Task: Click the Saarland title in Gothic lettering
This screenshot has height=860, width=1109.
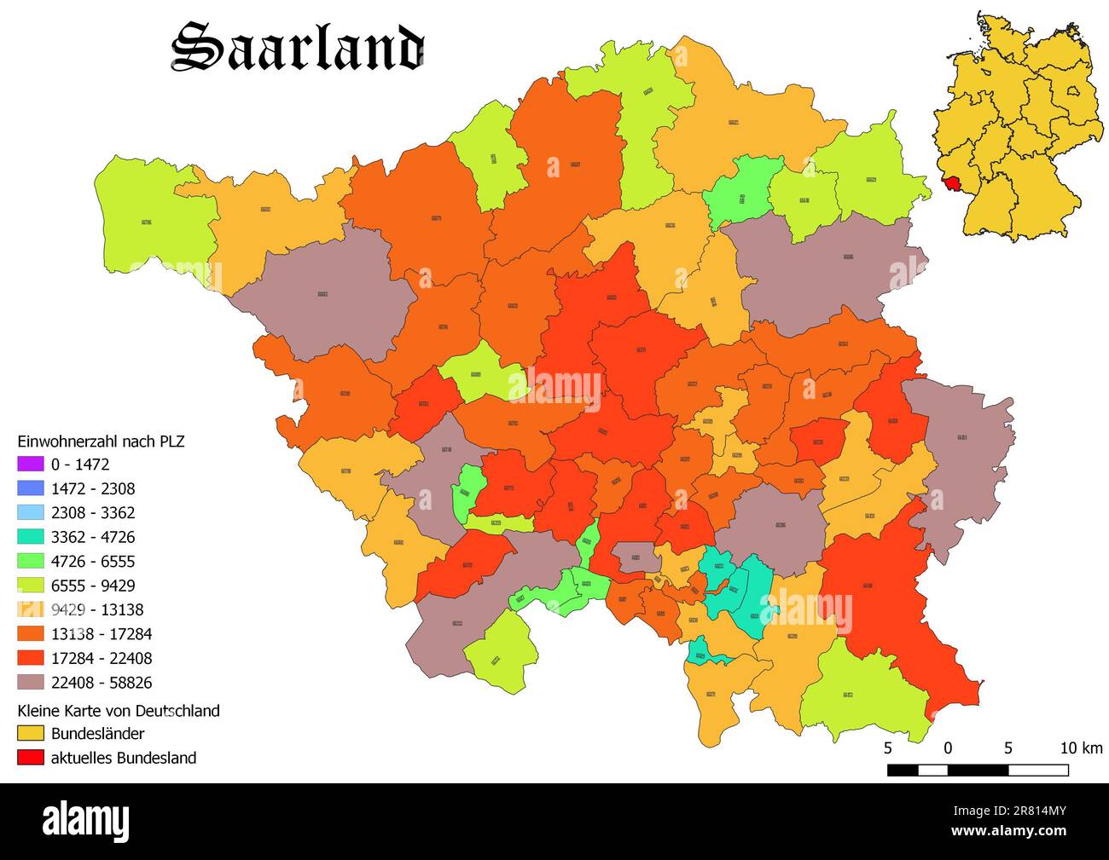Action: pos(297,48)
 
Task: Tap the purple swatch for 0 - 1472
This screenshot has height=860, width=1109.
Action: pos(30,465)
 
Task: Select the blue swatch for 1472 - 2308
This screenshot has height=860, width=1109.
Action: pos(30,488)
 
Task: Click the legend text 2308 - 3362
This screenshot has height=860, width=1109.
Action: pos(92,513)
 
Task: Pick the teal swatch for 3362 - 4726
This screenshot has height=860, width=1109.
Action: pos(30,537)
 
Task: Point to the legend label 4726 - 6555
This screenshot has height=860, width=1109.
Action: pos(92,562)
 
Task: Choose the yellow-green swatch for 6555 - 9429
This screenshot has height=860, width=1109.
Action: pos(30,586)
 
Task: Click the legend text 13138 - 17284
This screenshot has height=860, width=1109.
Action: pos(102,634)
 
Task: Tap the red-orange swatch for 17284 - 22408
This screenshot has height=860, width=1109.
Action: pos(30,658)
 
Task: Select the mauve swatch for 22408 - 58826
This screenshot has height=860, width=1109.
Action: pos(30,683)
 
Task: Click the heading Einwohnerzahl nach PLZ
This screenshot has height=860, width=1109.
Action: pos(101,441)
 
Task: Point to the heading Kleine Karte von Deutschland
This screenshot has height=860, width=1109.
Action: pos(119,711)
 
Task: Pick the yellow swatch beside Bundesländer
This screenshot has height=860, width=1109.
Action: pos(30,733)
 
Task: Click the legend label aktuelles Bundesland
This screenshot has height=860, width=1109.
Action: pos(124,758)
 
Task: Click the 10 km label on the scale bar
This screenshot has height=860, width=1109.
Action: pos(1081,748)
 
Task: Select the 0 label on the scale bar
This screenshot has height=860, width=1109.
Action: pos(948,748)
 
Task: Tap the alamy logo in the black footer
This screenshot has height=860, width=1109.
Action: pos(86,822)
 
